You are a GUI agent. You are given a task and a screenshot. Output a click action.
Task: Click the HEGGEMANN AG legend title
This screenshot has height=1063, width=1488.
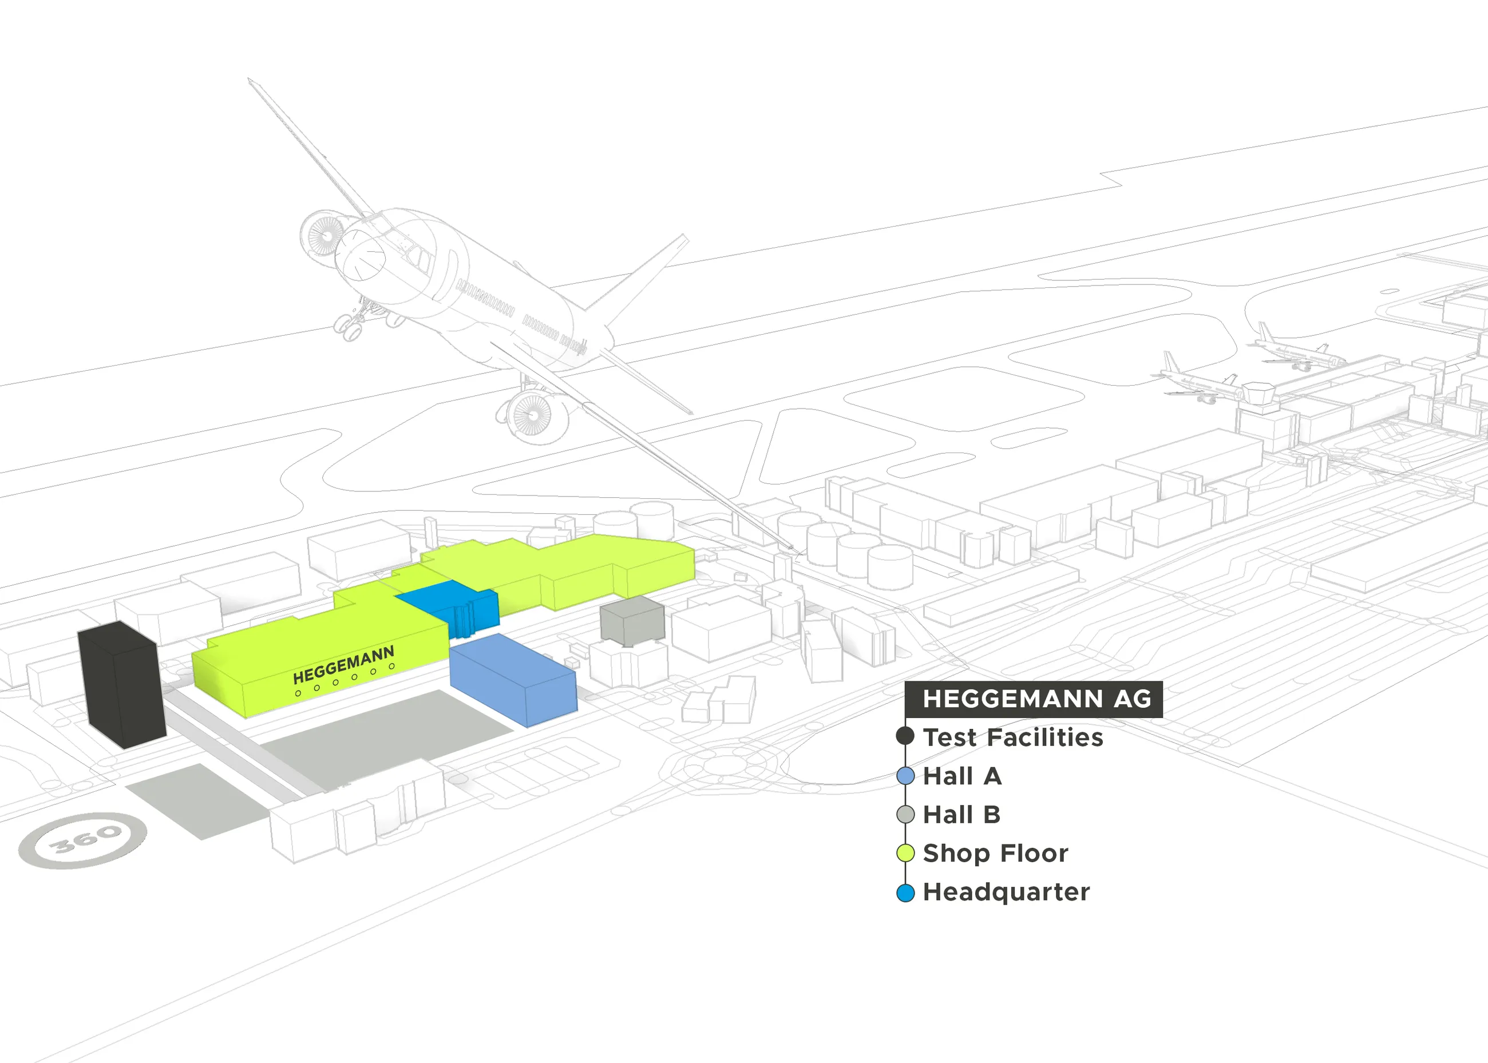click(1036, 699)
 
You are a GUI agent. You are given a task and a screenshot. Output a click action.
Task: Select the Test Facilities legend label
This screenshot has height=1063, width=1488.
click(1013, 737)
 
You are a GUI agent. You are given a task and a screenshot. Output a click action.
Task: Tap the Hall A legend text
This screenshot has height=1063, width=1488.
click(961, 776)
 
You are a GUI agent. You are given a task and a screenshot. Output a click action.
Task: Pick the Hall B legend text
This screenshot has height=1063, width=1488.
click(961, 815)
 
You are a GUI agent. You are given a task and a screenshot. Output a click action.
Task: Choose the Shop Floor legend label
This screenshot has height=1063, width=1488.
click(995, 854)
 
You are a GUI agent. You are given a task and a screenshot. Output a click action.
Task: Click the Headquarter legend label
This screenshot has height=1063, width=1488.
click(1006, 892)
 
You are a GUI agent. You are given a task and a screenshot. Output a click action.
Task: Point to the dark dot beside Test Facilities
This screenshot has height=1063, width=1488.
click(905, 736)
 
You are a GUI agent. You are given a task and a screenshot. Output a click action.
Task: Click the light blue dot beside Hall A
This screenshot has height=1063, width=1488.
click(905, 776)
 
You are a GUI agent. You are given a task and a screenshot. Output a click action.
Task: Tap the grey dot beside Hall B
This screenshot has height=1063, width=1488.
click(905, 815)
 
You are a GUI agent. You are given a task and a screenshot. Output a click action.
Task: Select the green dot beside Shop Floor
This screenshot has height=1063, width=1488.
click(905, 854)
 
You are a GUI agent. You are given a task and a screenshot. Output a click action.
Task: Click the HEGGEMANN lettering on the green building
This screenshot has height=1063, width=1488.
click(344, 664)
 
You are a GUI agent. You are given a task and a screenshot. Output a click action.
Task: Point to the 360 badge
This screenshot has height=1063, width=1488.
click(83, 840)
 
